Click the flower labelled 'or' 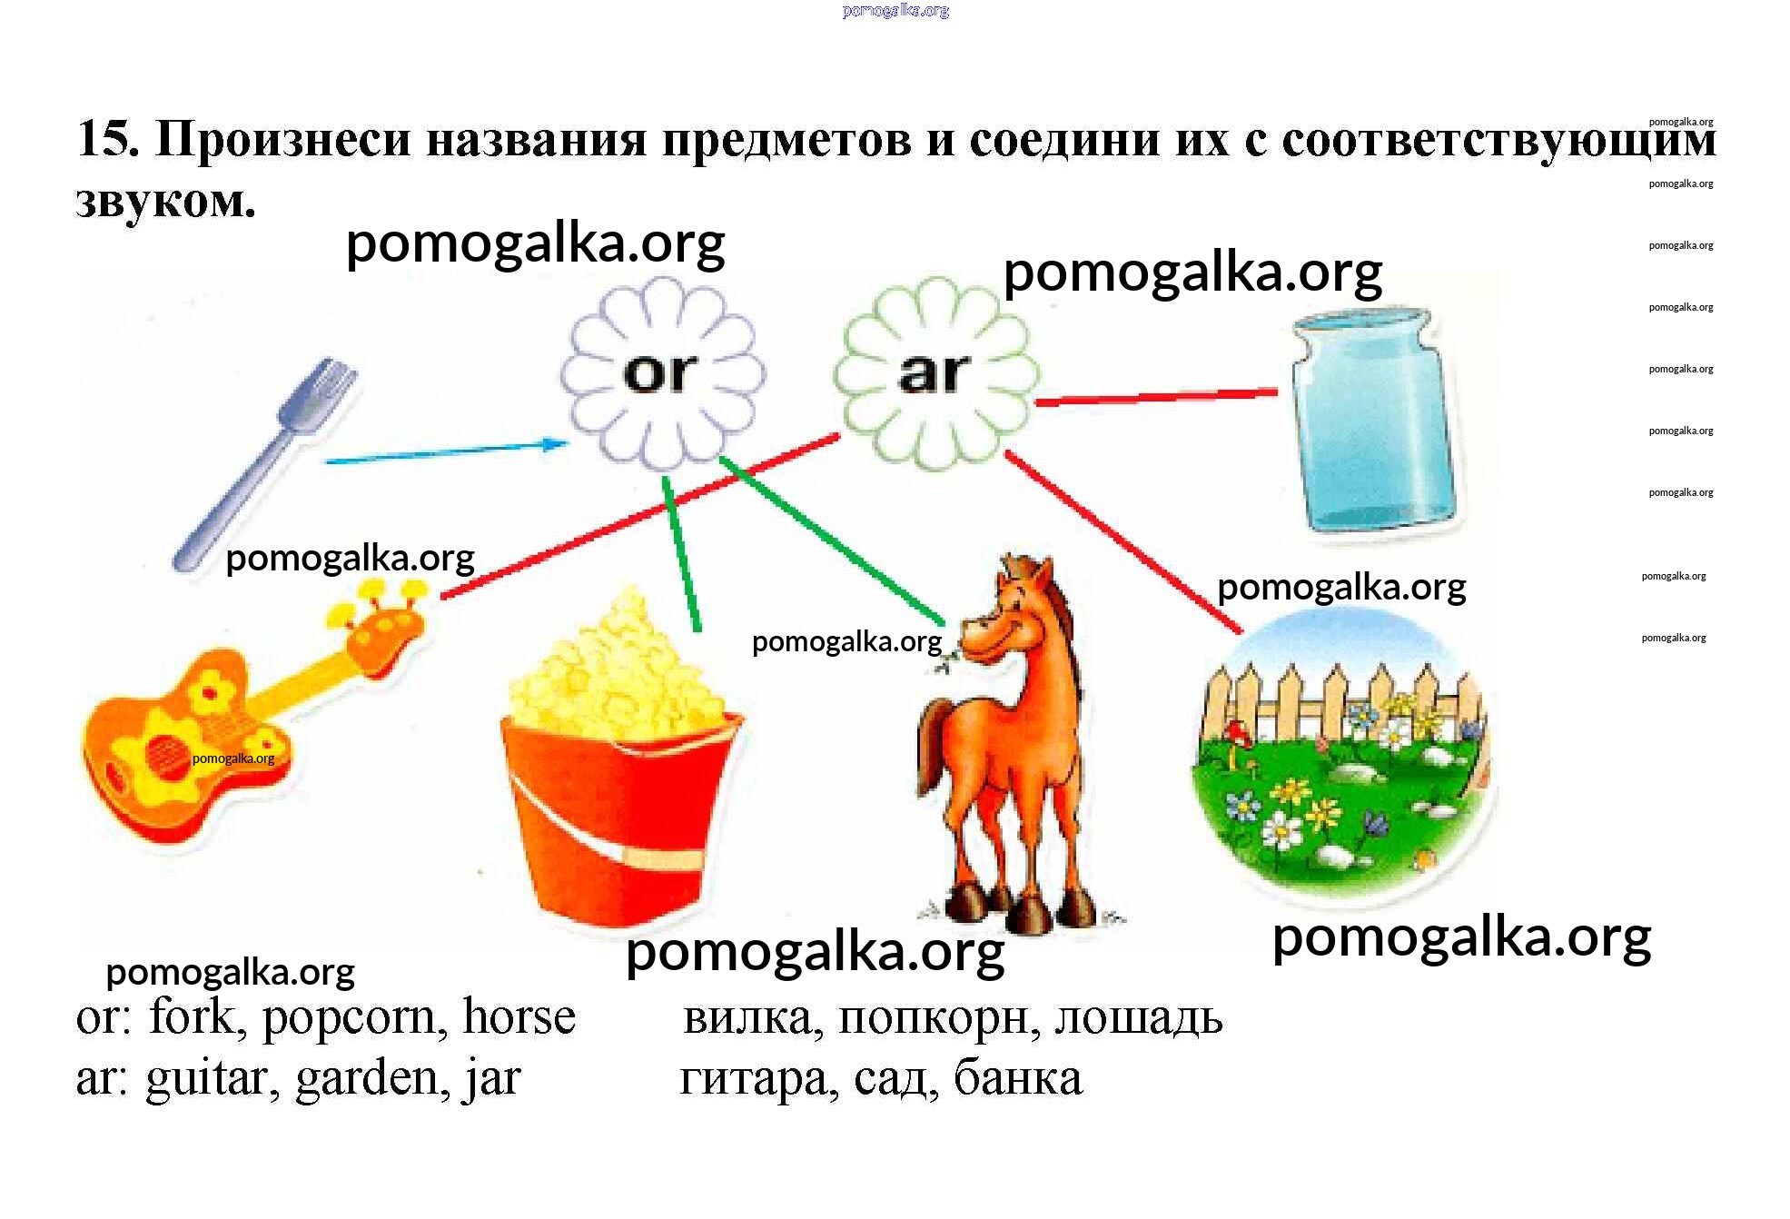(662, 373)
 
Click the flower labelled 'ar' (936, 373)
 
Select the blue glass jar (1372, 421)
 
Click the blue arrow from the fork (446, 451)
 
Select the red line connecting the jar (1156, 397)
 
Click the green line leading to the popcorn (681, 553)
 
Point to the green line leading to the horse (832, 541)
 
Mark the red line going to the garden (1123, 541)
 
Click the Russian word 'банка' (1018, 1078)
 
